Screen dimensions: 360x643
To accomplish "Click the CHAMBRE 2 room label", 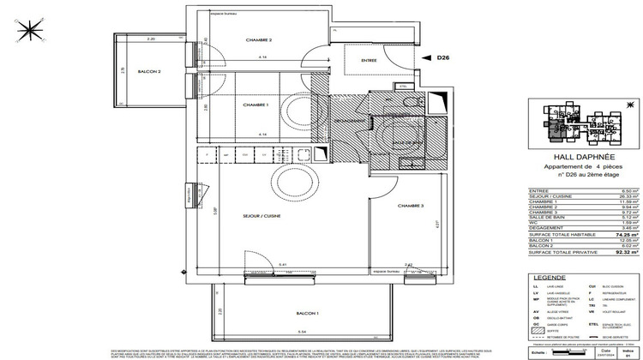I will point(258,41).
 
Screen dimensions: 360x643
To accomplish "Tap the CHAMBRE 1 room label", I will point(256,105).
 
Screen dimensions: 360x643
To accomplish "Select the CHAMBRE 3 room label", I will point(412,207).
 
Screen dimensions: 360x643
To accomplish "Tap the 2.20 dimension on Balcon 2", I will point(151,40).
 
